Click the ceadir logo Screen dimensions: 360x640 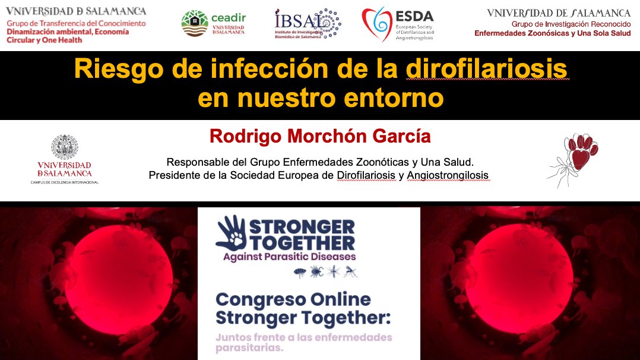click(x=213, y=23)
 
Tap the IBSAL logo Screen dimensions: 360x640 click(x=307, y=24)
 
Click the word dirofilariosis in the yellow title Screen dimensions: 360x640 click(x=487, y=71)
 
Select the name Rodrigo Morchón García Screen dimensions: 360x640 click(x=320, y=137)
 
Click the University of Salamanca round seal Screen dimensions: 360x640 click(x=64, y=147)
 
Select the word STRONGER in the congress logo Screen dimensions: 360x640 click(x=302, y=227)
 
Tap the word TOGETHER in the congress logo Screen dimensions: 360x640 click(x=302, y=242)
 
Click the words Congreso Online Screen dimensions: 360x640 click(x=293, y=299)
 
